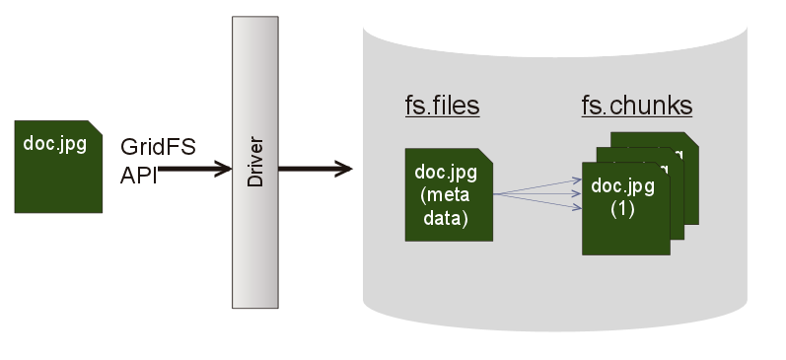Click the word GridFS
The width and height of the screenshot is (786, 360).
[x=158, y=147]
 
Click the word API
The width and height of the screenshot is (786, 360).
[x=139, y=175]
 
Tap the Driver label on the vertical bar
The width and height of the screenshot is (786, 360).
[x=255, y=162]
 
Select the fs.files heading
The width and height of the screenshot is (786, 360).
[x=442, y=106]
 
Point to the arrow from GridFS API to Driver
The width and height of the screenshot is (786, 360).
[x=197, y=170]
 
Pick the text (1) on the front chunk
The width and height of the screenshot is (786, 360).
[x=621, y=209]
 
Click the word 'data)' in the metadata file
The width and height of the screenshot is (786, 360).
[x=446, y=218]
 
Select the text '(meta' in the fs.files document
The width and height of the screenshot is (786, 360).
[x=446, y=194]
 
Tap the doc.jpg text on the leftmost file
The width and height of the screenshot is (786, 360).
[x=54, y=144]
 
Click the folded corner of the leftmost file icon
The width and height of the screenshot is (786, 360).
[x=96, y=127]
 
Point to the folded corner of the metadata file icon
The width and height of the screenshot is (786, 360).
[x=486, y=155]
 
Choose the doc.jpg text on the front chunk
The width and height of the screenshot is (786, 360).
[x=621, y=186]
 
